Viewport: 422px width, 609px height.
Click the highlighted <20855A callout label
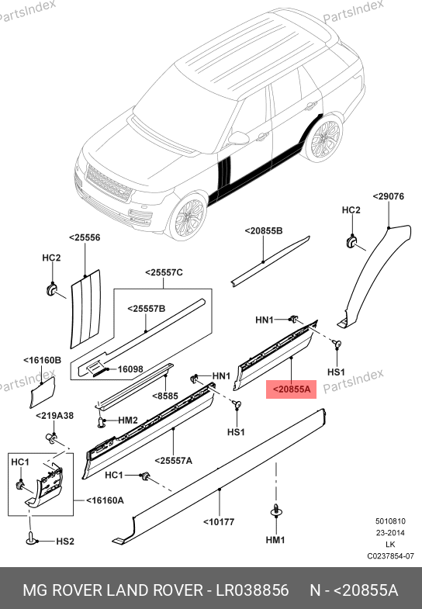click(x=291, y=389)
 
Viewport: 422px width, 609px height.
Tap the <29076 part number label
click(x=388, y=196)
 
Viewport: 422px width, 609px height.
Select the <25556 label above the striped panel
click(x=85, y=237)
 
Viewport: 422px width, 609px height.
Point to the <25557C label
click(x=164, y=272)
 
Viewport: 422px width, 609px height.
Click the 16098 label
click(x=130, y=369)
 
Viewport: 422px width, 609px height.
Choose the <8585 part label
click(x=165, y=396)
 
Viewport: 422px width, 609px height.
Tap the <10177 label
click(x=219, y=522)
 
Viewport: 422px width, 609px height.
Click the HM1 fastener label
click(x=275, y=540)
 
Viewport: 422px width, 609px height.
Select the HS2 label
click(x=65, y=542)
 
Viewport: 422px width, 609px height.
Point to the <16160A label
click(x=105, y=500)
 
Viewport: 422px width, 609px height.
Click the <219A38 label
click(x=55, y=416)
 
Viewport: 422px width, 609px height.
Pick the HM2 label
click(x=128, y=420)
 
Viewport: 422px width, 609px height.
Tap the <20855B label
click(x=264, y=231)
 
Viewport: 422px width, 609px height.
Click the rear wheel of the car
click(x=324, y=138)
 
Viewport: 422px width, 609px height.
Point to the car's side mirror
click(x=237, y=138)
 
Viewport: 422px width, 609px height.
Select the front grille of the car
click(x=108, y=183)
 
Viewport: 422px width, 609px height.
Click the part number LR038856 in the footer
click(x=252, y=590)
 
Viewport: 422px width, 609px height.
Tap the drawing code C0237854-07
click(x=390, y=556)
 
